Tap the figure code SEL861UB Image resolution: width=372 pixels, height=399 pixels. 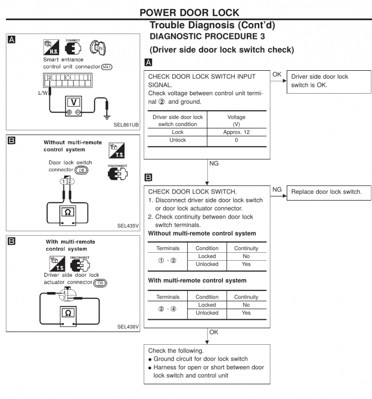(x=126, y=124)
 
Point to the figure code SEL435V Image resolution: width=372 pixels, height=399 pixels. (x=128, y=225)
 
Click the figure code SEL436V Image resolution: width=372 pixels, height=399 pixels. (x=128, y=326)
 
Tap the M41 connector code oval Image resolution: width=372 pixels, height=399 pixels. (x=109, y=67)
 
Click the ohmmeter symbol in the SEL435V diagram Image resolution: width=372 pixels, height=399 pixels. (x=68, y=212)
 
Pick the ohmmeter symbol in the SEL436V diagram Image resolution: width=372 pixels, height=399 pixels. (x=68, y=313)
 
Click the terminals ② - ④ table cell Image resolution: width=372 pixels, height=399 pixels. (x=167, y=309)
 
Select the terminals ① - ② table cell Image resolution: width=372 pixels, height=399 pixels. (x=167, y=260)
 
